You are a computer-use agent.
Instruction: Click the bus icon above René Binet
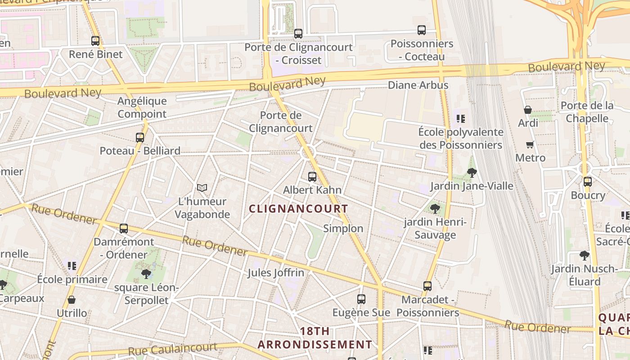[x=95, y=40]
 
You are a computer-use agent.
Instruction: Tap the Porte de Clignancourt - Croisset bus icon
[x=298, y=33]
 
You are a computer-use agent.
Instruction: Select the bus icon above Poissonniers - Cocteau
[x=421, y=30]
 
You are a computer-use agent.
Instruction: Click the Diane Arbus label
[x=418, y=85]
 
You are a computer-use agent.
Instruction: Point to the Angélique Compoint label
[x=142, y=108]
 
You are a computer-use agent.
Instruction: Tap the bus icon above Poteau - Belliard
[x=140, y=137]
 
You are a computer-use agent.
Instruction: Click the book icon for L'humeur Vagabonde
[x=202, y=188]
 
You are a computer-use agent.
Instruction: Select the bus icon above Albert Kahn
[x=312, y=176]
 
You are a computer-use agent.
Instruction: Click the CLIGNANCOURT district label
[x=298, y=209]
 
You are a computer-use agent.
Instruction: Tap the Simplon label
[x=343, y=228]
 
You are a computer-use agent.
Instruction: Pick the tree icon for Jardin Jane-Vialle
[x=472, y=172]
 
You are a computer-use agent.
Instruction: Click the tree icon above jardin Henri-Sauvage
[x=435, y=208]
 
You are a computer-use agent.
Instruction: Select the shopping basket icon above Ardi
[x=528, y=109]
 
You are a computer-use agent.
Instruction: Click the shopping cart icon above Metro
[x=530, y=144]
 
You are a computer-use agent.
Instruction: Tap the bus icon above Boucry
[x=587, y=181]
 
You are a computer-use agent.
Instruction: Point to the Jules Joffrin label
[x=276, y=273]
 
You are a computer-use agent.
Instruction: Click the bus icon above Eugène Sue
[x=361, y=299]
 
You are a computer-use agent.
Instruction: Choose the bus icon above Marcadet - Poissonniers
[x=427, y=286]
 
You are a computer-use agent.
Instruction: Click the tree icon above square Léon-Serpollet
[x=146, y=274]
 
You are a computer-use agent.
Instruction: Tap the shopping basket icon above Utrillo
[x=71, y=299]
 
